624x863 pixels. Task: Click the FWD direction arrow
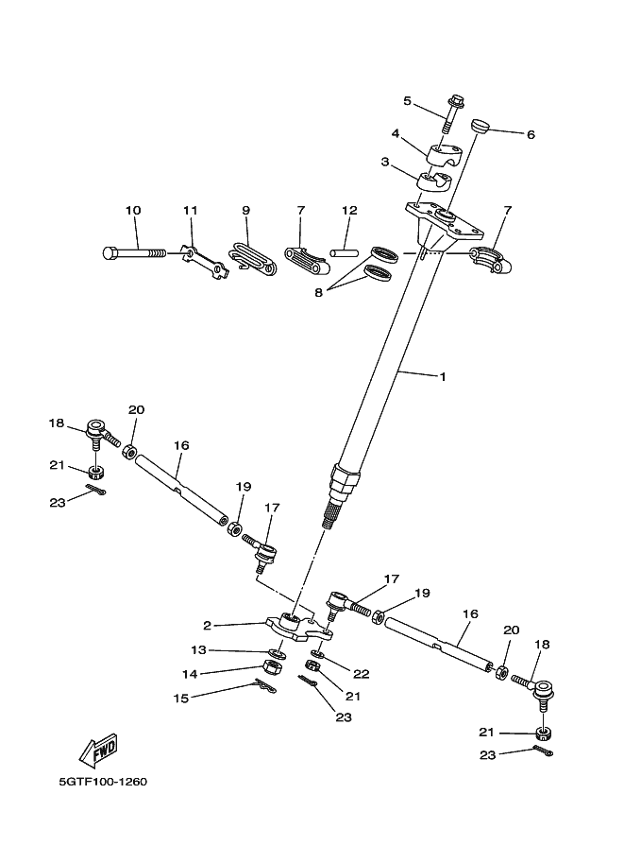click(98, 751)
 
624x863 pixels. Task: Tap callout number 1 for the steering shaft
click(442, 376)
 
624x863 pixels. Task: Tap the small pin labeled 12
click(344, 252)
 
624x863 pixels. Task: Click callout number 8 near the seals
click(319, 293)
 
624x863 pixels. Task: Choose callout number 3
click(385, 162)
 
